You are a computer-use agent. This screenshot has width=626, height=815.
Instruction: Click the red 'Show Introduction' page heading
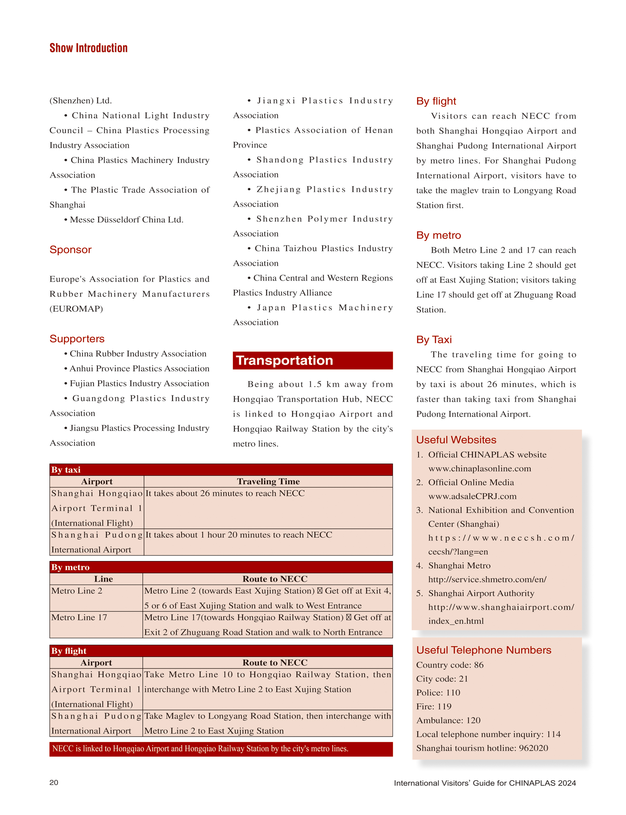88,48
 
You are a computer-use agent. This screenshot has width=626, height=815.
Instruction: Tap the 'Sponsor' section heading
70,249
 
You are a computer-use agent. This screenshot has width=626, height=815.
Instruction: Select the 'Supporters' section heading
77,339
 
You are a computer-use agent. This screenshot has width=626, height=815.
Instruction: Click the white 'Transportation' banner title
284,361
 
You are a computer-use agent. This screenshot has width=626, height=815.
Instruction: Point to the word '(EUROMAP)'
76,309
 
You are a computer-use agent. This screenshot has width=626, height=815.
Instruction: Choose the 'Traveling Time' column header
268,481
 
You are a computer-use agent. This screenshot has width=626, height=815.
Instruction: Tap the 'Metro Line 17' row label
79,617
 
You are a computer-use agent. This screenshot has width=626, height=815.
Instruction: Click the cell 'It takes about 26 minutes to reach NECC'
225,493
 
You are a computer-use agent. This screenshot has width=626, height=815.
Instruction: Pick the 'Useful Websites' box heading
456,439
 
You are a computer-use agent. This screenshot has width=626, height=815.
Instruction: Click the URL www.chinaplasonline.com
480,469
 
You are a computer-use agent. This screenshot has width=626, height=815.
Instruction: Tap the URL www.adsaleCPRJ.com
472,496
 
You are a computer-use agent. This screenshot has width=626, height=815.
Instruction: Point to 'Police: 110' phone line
438,692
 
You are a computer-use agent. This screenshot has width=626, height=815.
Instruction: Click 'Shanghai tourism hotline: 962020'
482,748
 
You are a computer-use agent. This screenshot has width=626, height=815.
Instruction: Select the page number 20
54,782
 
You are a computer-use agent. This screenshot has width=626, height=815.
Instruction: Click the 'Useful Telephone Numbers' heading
483,650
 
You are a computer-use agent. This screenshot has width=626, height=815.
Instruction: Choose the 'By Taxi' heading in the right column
434,340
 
